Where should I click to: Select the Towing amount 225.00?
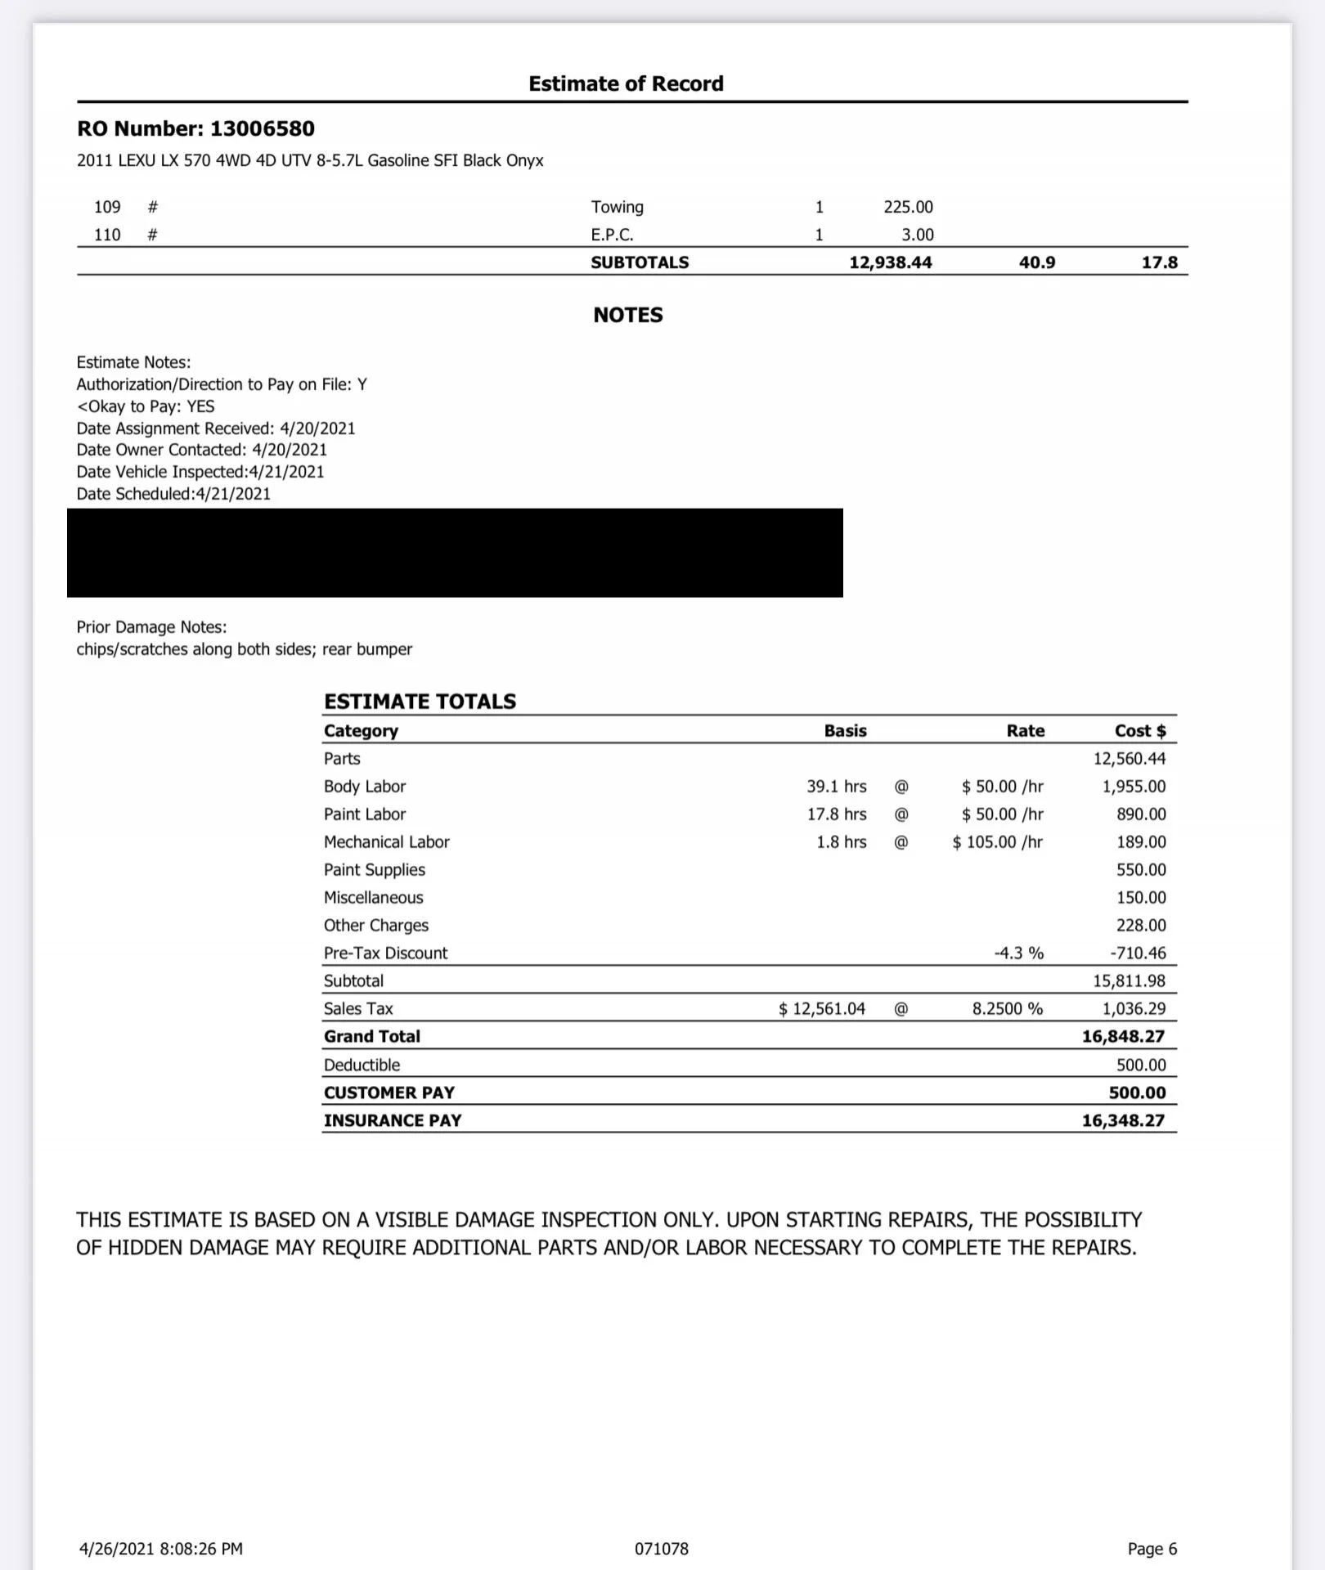(908, 207)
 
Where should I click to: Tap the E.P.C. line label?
(612, 235)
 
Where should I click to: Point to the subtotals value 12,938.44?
(890, 262)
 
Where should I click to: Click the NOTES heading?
(627, 315)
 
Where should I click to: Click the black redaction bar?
(455, 553)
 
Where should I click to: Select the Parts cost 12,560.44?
(1129, 758)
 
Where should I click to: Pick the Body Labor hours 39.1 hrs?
(836, 786)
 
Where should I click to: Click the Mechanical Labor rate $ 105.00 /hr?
(997, 841)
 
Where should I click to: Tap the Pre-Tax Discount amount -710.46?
(1138, 953)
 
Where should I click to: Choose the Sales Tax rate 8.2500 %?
(1007, 1008)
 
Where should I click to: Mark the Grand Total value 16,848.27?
(1122, 1036)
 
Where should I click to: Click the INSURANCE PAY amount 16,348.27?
(1122, 1120)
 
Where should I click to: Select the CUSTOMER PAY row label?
(389, 1092)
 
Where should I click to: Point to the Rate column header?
(1025, 730)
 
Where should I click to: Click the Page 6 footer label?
(1152, 1548)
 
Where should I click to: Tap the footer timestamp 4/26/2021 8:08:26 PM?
(160, 1548)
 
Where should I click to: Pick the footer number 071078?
(661, 1548)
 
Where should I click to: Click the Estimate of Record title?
(626, 83)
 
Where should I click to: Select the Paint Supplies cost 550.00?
(1141, 869)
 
